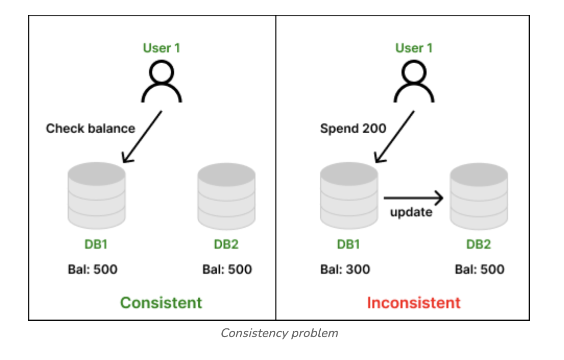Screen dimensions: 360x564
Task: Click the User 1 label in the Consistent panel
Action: tap(161, 48)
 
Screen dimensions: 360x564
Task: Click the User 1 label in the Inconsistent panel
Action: tap(414, 48)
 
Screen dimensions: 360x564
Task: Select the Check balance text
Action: tap(90, 128)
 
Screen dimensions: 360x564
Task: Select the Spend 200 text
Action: tap(353, 128)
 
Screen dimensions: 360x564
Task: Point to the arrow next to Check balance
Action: tap(142, 137)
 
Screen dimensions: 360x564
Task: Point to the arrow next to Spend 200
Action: tap(394, 137)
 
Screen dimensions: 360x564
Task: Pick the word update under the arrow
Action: tap(411, 212)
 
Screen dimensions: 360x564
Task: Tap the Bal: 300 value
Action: tap(345, 269)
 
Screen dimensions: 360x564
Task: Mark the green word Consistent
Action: tap(161, 302)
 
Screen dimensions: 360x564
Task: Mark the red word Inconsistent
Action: tap(414, 302)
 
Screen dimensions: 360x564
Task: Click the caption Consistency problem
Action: tap(279, 333)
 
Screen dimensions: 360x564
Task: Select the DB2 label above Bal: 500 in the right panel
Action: tap(478, 244)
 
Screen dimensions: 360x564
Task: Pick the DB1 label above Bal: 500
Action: tap(96, 244)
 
